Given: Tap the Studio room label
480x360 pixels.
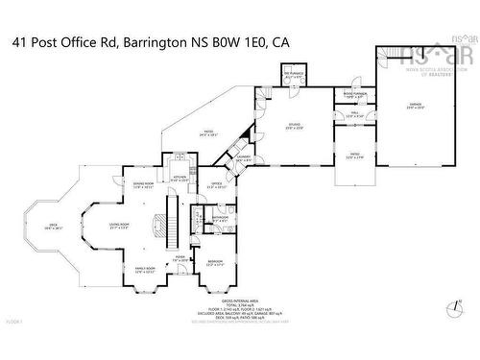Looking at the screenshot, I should (x=295, y=124).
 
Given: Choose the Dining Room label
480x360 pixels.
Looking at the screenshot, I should (x=142, y=184).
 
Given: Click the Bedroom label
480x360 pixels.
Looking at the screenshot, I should (x=214, y=262).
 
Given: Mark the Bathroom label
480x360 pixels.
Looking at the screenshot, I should (x=220, y=218).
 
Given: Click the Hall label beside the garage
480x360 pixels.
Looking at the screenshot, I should (x=353, y=115).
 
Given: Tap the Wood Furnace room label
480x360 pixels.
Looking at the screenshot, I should (x=350, y=94).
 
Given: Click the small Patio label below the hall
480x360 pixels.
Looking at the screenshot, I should (x=354, y=155).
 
